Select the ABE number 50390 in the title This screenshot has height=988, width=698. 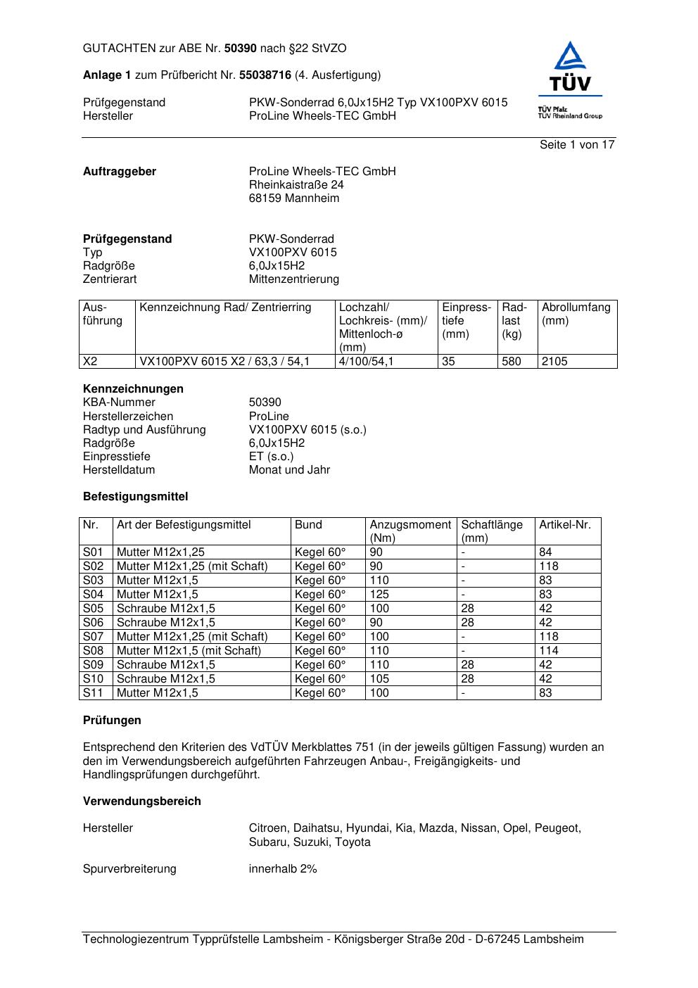point(241,49)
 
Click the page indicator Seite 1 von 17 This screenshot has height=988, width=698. point(577,144)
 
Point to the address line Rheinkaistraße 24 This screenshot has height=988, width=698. point(296,184)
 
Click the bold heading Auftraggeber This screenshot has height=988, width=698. point(120,171)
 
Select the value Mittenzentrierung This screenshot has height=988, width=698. point(293,279)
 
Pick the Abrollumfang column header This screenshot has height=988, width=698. point(576,307)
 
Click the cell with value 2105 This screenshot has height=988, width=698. point(554,361)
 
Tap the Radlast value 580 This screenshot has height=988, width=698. point(512,361)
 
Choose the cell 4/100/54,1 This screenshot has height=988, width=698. point(367,361)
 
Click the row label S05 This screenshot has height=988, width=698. point(93,608)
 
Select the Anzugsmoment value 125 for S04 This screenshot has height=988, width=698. point(379,594)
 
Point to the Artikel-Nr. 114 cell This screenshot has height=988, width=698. point(549,650)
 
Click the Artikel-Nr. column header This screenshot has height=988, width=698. point(565,524)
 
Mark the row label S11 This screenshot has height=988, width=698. point(93,692)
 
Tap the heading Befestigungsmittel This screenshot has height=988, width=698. point(135,496)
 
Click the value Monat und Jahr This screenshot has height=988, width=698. point(289,469)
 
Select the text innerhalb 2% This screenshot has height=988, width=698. point(283,868)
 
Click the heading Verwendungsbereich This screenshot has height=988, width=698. point(141,801)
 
